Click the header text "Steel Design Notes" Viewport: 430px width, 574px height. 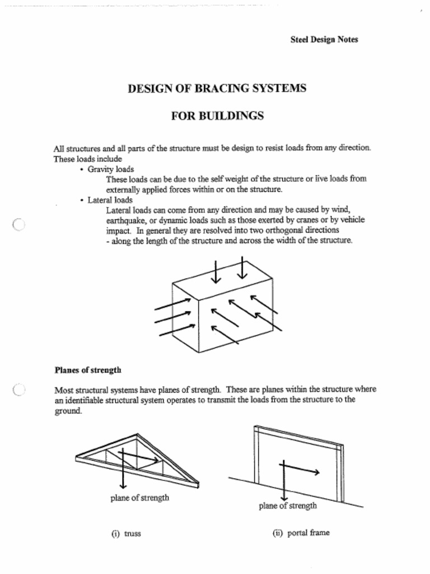324,39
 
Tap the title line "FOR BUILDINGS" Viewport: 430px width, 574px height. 217,116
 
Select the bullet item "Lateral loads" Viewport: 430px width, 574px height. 110,200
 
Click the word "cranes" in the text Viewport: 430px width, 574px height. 292,220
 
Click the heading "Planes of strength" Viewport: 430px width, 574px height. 88,370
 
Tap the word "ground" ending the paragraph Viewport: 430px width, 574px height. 67,411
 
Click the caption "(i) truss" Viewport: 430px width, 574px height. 126,534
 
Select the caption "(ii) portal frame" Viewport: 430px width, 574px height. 301,533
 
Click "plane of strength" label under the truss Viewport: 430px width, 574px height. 139,498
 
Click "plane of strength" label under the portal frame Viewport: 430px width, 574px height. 287,506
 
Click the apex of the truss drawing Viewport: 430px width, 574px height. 137,435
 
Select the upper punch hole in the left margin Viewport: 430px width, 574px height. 18,225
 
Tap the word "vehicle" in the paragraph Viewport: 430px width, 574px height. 352,220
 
